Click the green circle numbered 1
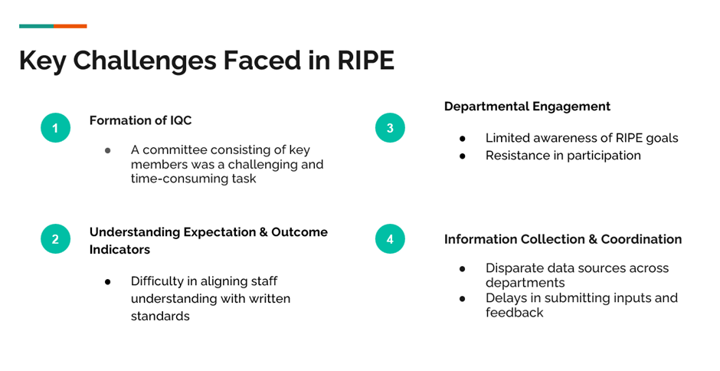[x=56, y=128]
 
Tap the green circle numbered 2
[x=56, y=239]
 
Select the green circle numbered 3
[x=390, y=128]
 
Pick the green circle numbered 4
[x=390, y=239]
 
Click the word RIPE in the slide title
[x=365, y=61]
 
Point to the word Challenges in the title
[x=145, y=61]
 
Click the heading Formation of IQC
[x=140, y=120]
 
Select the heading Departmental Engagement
[x=527, y=107]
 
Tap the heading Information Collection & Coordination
[x=563, y=239]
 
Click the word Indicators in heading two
[x=119, y=250]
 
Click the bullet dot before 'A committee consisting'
[x=108, y=150]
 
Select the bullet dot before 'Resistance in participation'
[x=463, y=156]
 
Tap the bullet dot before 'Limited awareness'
[x=463, y=139]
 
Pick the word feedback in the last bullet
[x=514, y=313]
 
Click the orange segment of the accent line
[x=70, y=26]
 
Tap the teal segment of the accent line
[x=36, y=26]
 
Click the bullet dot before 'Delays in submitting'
[x=463, y=299]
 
